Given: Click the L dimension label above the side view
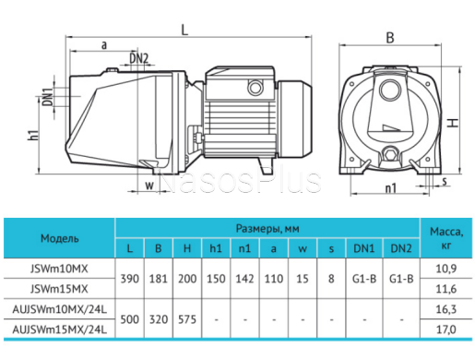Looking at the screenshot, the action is (184, 30).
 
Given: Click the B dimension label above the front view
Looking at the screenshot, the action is (390, 38).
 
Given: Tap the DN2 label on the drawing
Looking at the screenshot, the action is (138, 58).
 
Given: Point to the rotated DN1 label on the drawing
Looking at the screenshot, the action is (48, 97).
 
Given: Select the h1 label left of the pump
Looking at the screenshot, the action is (33, 136).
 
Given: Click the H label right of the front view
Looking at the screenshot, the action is (453, 124).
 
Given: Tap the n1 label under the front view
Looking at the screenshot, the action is (391, 187).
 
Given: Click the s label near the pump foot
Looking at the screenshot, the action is (445, 181).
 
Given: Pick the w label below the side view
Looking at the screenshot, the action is (149, 186).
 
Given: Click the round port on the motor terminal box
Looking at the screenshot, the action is (255, 88).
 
